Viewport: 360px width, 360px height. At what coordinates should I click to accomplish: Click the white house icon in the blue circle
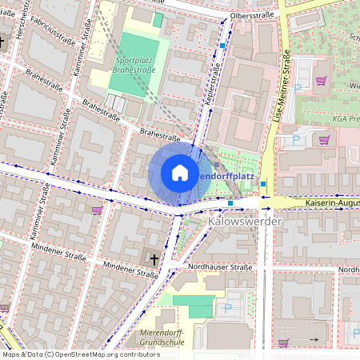pos(180,173)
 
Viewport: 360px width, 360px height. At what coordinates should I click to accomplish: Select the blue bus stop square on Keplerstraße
pos(222,46)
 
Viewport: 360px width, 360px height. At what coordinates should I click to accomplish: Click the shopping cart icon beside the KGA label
pos(324,139)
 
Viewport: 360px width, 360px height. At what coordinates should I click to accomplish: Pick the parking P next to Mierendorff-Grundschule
pos(228,306)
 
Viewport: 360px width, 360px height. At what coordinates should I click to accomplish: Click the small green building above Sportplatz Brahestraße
pos(158,19)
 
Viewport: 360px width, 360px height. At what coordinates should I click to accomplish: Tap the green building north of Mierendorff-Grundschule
pos(194,305)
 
